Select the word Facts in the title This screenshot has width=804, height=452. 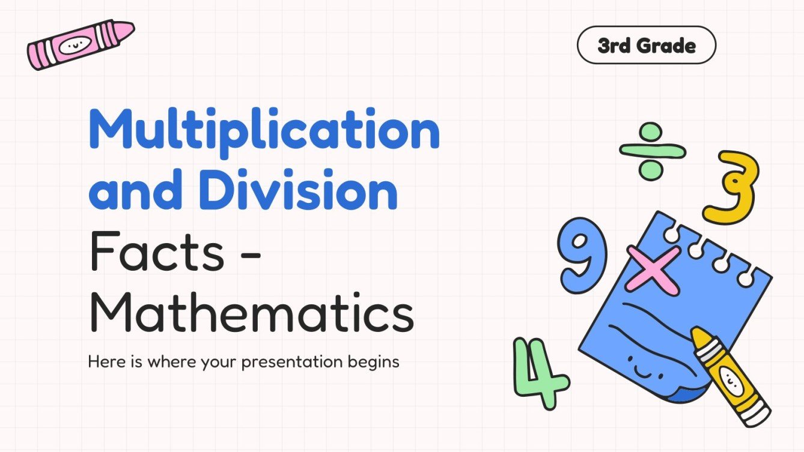157,254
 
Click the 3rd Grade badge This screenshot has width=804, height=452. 647,46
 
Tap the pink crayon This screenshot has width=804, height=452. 81,45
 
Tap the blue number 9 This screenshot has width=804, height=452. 582,255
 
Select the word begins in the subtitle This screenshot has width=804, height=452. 376,362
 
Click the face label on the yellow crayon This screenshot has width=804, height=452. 729,378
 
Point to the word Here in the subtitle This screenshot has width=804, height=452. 105,362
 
